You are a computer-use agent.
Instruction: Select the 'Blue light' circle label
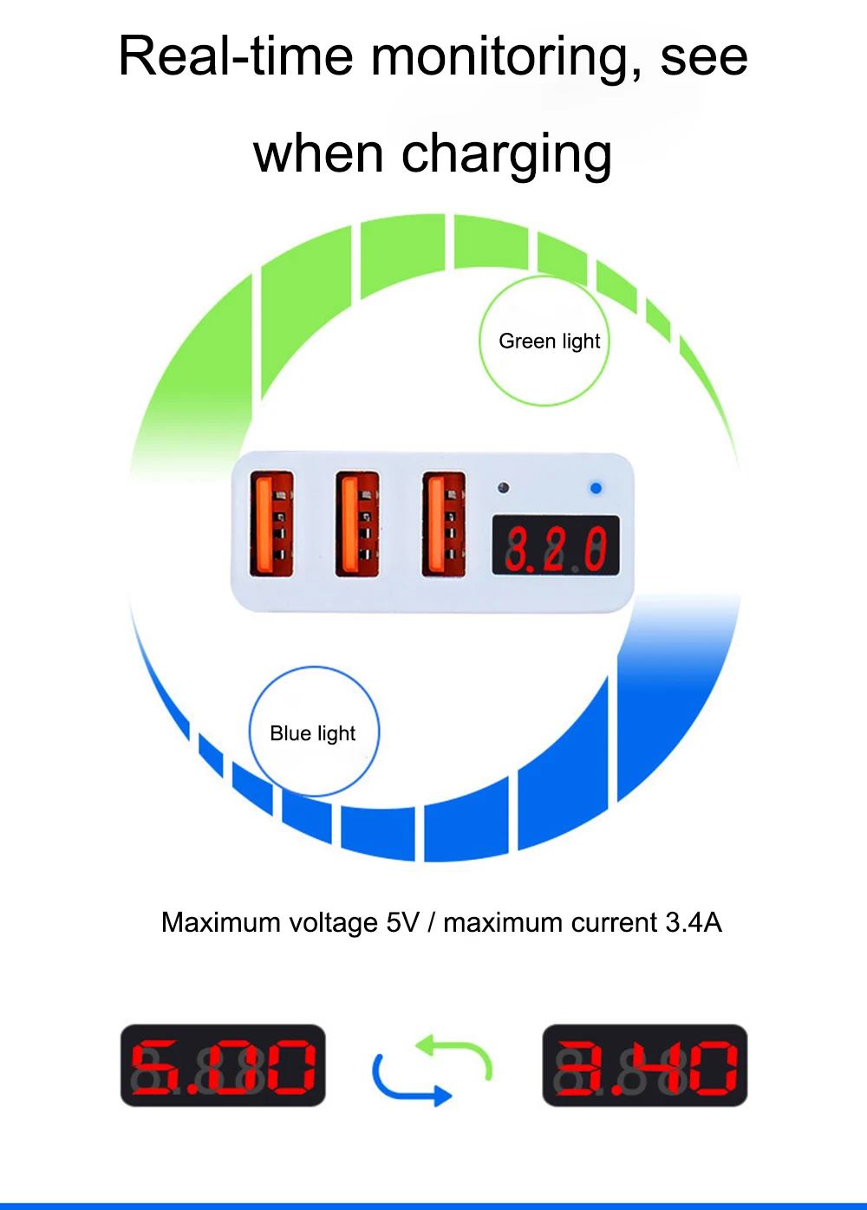click(313, 732)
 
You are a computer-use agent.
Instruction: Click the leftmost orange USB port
click(271, 524)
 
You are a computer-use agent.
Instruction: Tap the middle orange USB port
click(357, 524)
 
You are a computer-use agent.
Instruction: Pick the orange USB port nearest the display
click(443, 524)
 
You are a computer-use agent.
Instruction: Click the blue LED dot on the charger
click(596, 489)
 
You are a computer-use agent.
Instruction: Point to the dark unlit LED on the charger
click(504, 489)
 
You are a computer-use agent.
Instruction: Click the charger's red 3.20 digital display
click(556, 546)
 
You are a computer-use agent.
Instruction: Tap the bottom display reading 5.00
click(223, 1066)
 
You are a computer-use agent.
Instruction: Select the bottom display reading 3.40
click(645, 1066)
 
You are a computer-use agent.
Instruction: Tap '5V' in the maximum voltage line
click(403, 922)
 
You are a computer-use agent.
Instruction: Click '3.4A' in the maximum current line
click(694, 922)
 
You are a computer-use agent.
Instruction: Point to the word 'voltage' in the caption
click(334, 922)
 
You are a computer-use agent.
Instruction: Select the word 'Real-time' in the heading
click(235, 57)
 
